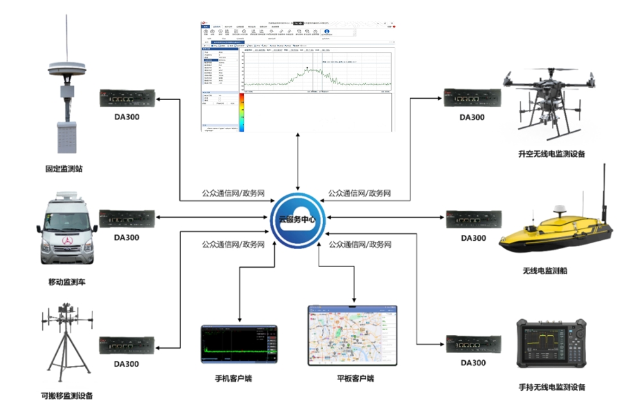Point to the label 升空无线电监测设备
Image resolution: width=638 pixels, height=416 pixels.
coord(552,154)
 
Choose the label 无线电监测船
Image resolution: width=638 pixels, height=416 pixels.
coord(545,271)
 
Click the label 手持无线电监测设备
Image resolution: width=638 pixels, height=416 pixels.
coord(552,387)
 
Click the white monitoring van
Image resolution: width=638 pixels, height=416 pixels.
coord(67,230)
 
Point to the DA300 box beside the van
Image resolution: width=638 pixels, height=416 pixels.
coord(127,219)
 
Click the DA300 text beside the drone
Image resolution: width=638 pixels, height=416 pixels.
coord(472,117)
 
